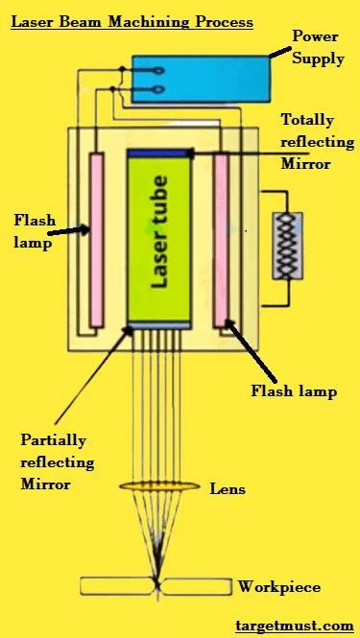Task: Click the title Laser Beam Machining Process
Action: pos(132,20)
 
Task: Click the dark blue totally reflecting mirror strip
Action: pos(158,153)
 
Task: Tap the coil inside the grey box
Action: pos(285,246)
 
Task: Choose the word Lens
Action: pos(227,489)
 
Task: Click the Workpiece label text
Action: pos(279,586)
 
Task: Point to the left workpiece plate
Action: pos(114,585)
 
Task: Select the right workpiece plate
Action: pos(196,585)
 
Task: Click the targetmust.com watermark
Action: pos(294,626)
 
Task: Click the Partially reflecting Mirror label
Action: pos(58,462)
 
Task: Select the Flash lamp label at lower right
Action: pos(294,390)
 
